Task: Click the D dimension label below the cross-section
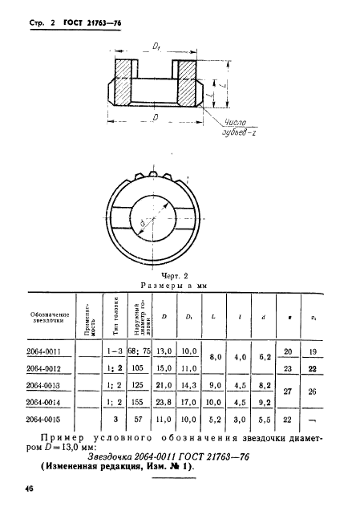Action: point(155,117)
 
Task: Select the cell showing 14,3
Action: point(212,385)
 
